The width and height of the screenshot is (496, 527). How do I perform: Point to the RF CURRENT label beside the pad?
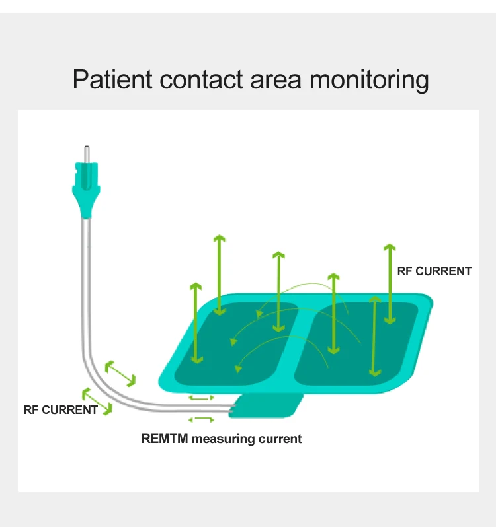click(434, 271)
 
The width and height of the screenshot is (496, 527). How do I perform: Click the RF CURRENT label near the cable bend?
click(60, 410)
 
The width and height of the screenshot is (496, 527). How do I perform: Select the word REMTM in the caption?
click(164, 439)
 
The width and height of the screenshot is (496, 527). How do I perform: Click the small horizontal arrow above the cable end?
click(202, 398)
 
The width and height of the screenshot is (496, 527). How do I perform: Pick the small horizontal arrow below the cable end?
click(202, 419)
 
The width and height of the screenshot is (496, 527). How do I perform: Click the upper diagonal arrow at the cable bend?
click(120, 373)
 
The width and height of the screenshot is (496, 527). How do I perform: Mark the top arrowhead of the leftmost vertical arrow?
click(195, 287)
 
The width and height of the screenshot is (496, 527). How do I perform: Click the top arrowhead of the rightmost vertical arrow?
click(390, 248)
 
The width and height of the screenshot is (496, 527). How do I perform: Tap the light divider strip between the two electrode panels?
click(301, 343)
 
